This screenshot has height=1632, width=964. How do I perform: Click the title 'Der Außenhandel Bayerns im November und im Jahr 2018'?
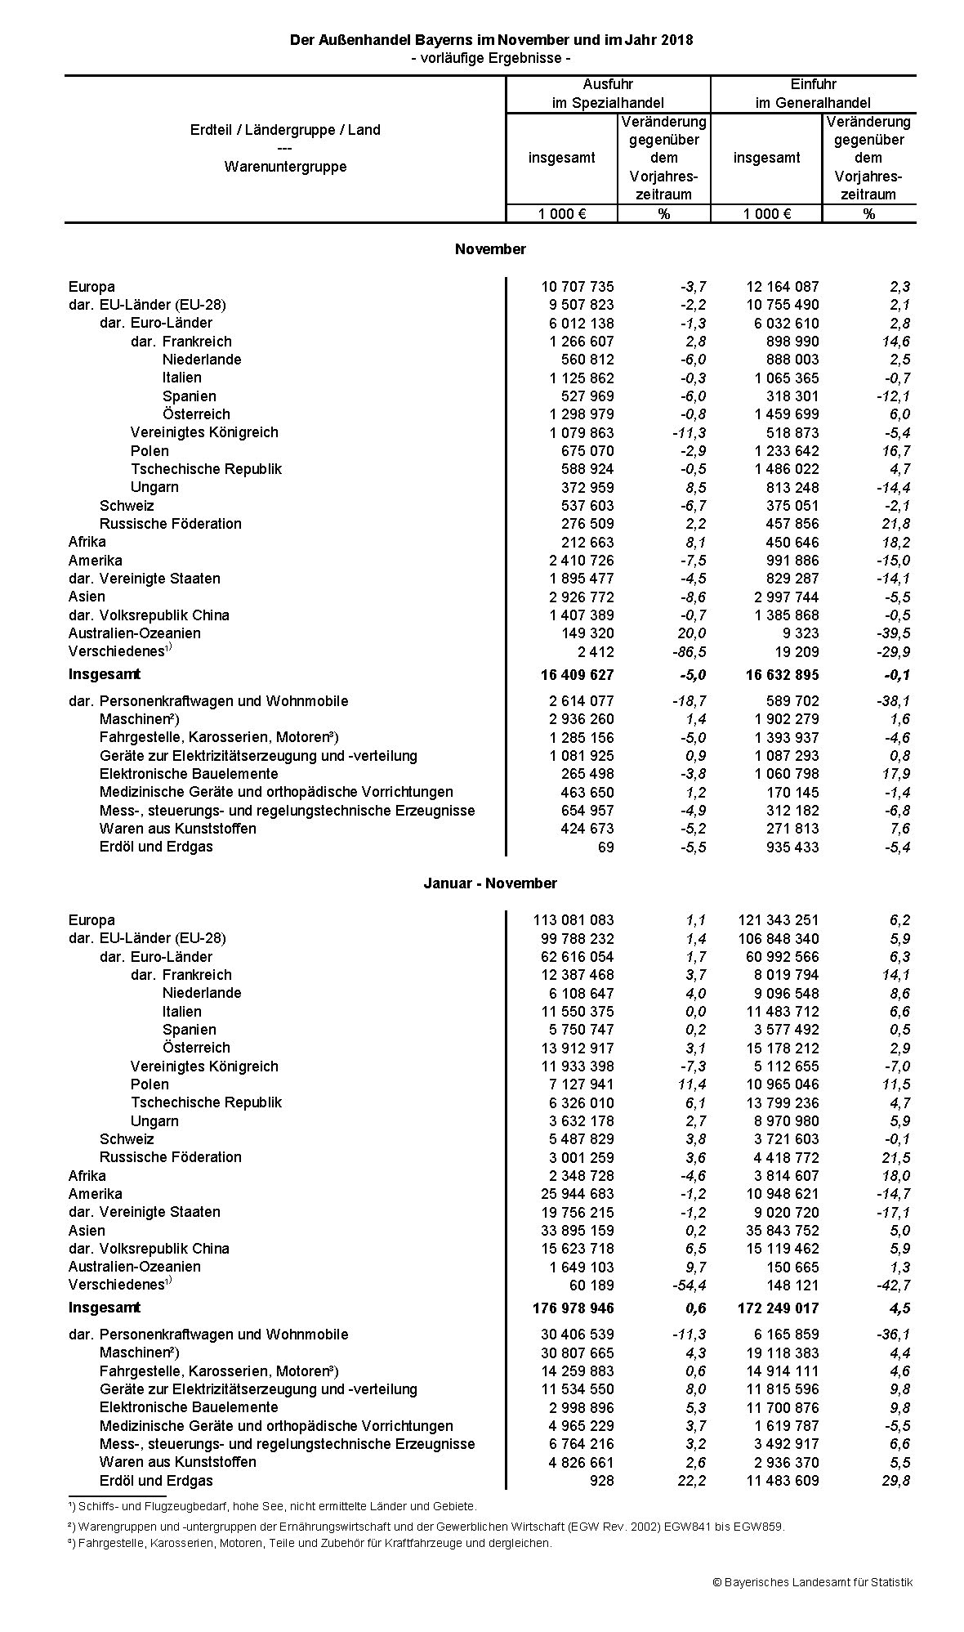coord(491,40)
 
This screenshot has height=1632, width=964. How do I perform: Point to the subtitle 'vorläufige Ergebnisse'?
coord(491,58)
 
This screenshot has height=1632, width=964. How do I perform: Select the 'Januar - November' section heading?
coord(490,883)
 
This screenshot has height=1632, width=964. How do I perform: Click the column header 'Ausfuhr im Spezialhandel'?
coord(608,93)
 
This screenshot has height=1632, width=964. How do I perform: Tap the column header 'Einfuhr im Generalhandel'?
coord(812,93)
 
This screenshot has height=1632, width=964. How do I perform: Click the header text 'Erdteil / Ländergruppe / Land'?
coord(285,129)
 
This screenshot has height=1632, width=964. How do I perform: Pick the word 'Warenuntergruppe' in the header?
coord(285,167)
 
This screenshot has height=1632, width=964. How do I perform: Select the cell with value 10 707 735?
coord(577,287)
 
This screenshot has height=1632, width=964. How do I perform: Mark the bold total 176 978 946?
coord(573,1308)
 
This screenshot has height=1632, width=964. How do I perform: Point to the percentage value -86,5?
coord(688,652)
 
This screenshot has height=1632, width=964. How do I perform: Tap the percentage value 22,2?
coord(691,1481)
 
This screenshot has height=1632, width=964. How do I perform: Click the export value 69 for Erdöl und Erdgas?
coord(605,847)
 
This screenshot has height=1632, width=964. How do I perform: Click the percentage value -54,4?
coord(688,1285)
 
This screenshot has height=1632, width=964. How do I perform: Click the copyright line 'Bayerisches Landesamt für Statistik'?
coord(812,1582)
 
